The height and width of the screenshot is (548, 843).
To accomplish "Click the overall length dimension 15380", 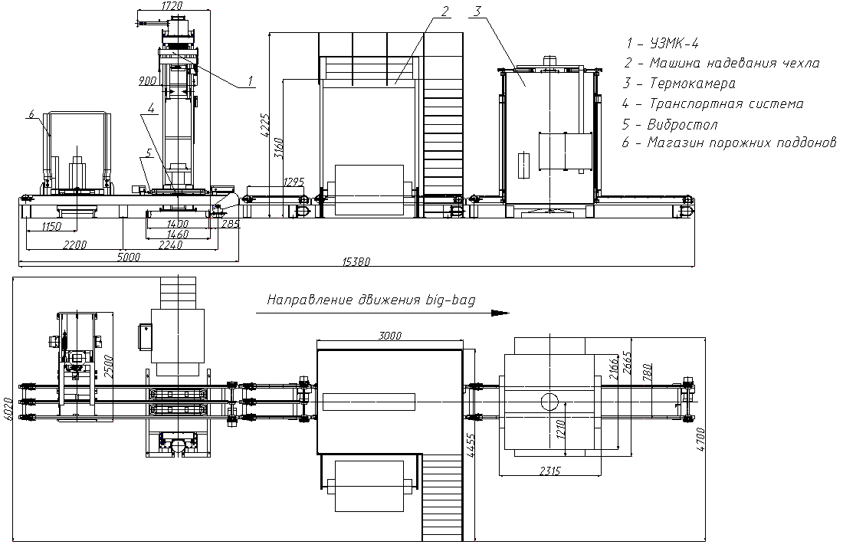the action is coord(356,262).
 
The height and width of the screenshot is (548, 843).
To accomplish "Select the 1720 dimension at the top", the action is coord(172,5).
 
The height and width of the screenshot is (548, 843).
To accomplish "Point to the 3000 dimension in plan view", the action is coord(390,336).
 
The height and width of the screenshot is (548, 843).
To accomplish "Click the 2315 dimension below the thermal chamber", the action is coord(549,471).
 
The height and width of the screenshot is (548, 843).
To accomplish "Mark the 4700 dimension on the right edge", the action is coord(700,438).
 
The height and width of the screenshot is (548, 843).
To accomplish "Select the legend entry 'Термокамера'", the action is coord(679,84).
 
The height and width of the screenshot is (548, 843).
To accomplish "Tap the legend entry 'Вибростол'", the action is coord(670,124).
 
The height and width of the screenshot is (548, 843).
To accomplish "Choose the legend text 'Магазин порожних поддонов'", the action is coord(730,143).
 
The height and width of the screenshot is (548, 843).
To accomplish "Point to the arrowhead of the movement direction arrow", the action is coord(502,313).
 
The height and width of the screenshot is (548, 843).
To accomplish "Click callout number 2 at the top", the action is coord(444,11).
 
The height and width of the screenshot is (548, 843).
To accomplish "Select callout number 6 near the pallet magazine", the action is coord(31,114).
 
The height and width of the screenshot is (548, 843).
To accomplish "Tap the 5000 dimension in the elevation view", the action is coord(129,257).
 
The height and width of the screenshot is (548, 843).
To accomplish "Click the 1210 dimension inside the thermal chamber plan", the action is coord(561,430).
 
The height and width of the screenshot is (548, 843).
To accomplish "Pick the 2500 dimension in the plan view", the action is coord(108,366).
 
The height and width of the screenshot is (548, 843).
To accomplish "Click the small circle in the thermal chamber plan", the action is coord(549,401).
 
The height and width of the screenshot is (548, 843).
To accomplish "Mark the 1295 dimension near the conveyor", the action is coord(293,182).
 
